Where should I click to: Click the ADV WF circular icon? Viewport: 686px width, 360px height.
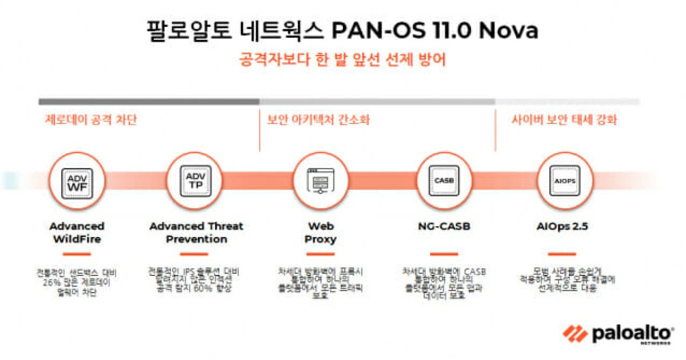77,181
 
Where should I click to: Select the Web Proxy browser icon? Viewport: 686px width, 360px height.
319,181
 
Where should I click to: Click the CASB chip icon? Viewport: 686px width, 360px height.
444,181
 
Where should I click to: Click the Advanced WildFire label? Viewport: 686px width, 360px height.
77,233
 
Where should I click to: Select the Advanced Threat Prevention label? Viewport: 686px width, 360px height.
196,233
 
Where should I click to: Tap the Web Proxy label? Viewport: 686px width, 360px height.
319,233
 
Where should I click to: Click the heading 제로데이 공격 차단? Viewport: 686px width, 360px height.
91,121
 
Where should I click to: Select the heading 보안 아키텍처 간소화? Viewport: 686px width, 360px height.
318,121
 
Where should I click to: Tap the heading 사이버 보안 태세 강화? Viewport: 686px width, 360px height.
564,121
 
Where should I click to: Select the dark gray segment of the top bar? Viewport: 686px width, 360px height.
149,102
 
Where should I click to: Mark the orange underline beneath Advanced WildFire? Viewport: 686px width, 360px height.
77,254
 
